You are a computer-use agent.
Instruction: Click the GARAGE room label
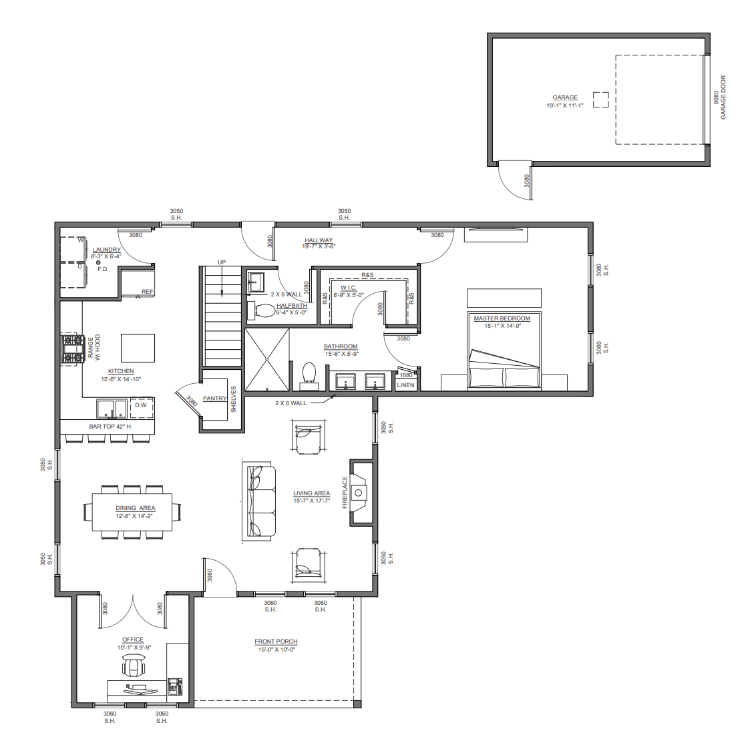click(565, 97)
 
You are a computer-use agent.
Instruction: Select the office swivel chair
click(132, 664)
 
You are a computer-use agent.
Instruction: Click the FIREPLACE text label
click(345, 493)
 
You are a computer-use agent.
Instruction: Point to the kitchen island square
click(138, 348)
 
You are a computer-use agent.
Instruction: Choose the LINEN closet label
click(405, 385)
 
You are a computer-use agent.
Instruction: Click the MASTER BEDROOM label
click(502, 318)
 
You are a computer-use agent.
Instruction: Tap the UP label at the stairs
click(222, 262)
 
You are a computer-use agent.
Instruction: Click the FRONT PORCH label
click(276, 642)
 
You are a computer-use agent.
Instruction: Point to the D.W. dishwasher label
click(141, 405)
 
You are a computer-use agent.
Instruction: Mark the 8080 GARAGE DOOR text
click(720, 97)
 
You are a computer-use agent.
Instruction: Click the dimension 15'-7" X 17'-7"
click(311, 501)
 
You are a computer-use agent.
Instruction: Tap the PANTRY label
click(215, 398)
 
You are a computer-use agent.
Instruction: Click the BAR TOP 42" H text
click(110, 427)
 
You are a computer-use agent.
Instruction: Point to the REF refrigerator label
click(148, 292)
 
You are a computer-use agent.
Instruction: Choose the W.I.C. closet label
click(348, 288)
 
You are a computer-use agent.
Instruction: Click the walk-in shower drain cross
click(267, 359)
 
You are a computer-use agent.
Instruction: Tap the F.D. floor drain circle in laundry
click(99, 262)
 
